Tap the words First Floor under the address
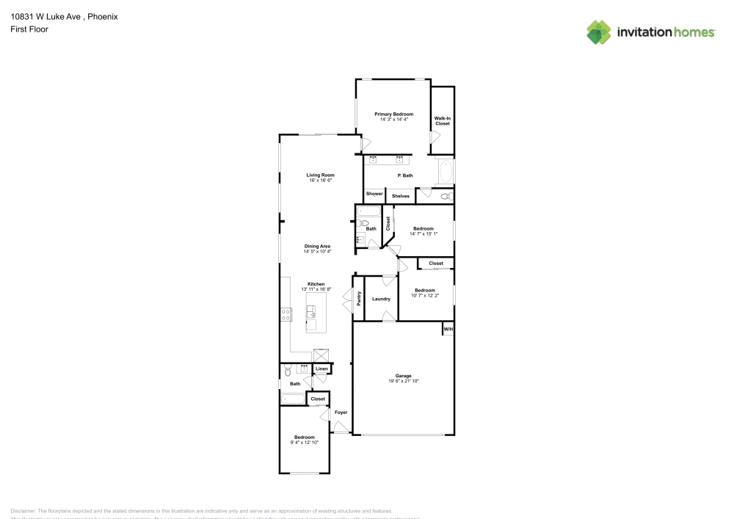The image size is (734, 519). (x=29, y=29)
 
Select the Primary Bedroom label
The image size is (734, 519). (x=393, y=114)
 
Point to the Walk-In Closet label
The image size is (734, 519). (x=442, y=121)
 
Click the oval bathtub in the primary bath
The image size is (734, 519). (x=445, y=173)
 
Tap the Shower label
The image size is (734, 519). (x=374, y=194)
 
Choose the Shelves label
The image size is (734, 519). (x=400, y=196)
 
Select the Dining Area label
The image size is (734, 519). (x=317, y=246)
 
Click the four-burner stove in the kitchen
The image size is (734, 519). (x=286, y=314)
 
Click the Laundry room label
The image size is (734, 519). (x=381, y=299)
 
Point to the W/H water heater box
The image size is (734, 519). (x=447, y=330)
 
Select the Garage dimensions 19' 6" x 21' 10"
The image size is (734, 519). (x=404, y=381)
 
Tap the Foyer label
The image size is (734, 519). (x=341, y=413)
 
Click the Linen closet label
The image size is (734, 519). (x=321, y=369)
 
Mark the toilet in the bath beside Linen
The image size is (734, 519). (x=288, y=371)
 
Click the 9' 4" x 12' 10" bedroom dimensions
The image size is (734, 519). (x=304, y=442)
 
